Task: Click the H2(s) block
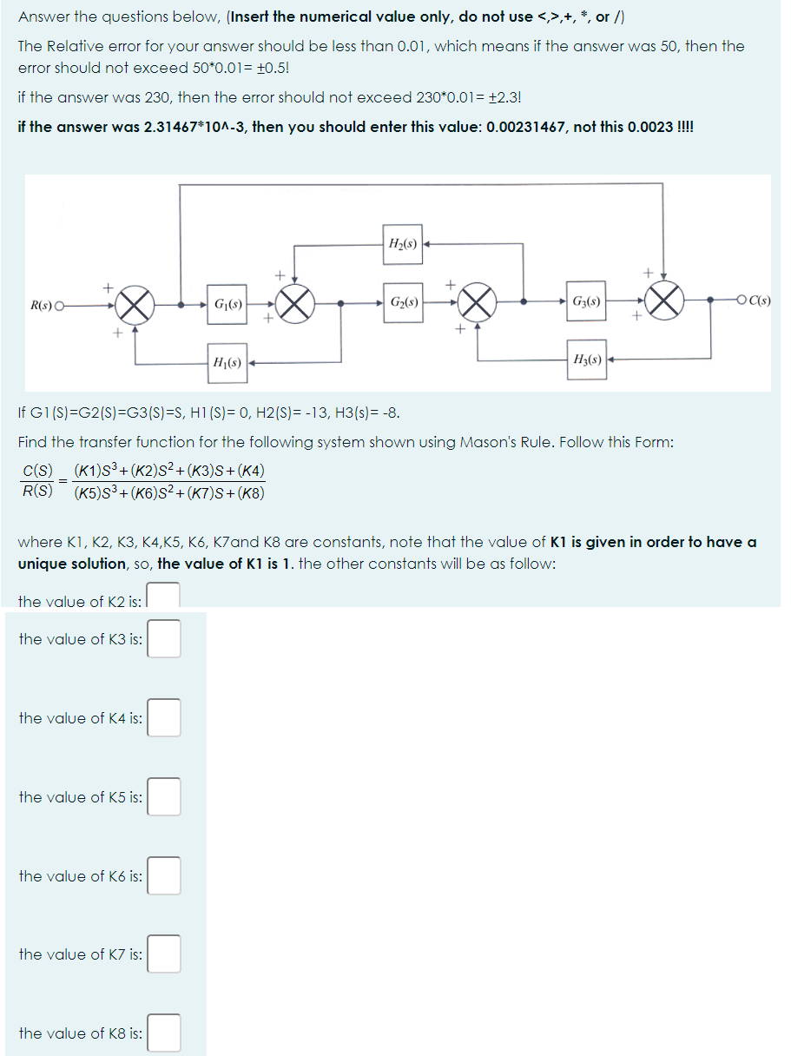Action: pos(401,244)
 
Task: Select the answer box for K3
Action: pos(164,638)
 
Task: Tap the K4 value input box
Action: pos(164,717)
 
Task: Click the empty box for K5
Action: pos(164,796)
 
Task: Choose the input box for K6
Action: pos(164,875)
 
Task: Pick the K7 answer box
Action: pos(164,954)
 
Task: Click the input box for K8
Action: pos(164,1033)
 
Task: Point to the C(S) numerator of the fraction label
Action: pos(37,472)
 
